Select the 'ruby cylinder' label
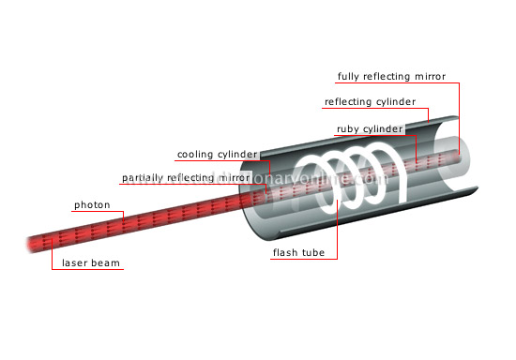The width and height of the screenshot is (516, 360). [x=370, y=127]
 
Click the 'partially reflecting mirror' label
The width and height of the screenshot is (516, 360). [x=186, y=177]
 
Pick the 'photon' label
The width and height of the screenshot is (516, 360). [x=92, y=203]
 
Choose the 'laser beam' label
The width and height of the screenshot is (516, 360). [x=89, y=262]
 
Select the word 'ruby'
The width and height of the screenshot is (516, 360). [x=349, y=127]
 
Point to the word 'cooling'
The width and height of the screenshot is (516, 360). [x=193, y=153]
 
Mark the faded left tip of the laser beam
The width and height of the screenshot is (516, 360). [x=33, y=244]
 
